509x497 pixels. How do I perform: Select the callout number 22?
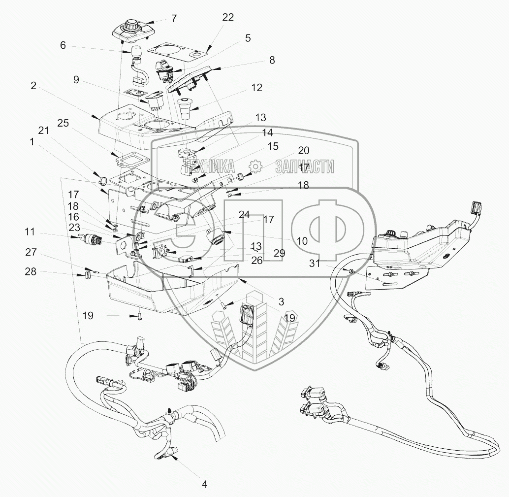227,17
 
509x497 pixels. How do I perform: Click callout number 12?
256,88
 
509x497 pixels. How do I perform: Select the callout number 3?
281,300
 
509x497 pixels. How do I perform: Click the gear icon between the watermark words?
256,166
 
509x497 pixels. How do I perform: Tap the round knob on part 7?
131,23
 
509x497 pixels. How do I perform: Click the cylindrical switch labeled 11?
91,239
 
